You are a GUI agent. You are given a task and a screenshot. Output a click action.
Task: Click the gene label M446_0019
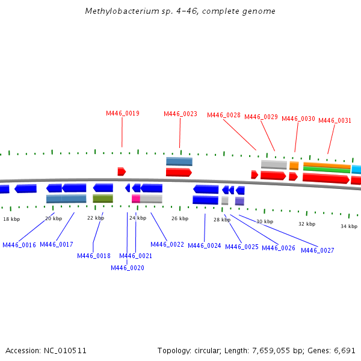tap(123, 113)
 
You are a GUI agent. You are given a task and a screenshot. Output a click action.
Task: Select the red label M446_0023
tap(180, 114)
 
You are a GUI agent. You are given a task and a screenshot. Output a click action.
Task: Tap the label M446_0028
tap(224, 115)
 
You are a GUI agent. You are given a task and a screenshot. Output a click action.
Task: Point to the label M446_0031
tap(335, 120)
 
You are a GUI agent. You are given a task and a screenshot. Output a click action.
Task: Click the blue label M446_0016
tap(19, 245)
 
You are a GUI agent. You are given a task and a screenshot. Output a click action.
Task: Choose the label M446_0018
tap(94, 256)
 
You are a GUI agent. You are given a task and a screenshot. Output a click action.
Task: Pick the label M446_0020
tap(128, 268)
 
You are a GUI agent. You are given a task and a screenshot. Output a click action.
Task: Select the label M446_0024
tap(205, 245)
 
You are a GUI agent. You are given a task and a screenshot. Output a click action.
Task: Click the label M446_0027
tap(318, 250)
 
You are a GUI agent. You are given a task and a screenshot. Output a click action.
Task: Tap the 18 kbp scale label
tap(11, 220)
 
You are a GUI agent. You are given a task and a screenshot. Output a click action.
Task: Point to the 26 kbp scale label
tap(180, 218)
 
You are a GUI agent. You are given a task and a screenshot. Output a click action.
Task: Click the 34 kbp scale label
tap(349, 226)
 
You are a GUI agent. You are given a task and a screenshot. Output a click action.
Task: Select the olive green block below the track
tap(103, 199)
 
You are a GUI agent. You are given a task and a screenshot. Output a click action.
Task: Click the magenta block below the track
tap(136, 199)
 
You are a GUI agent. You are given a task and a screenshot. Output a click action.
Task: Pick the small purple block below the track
tap(239, 201)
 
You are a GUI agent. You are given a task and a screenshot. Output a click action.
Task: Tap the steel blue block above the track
tap(179, 161)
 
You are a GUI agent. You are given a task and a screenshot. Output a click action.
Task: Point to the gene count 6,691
tap(345, 350)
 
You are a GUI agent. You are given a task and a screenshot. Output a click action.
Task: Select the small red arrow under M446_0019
tap(122, 171)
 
